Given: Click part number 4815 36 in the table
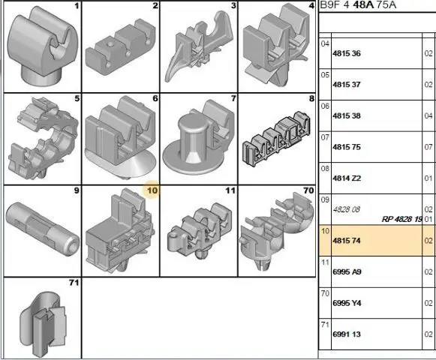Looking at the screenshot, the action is pyautogui.click(x=347, y=53).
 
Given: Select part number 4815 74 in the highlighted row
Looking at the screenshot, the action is pyautogui.click(x=347, y=241).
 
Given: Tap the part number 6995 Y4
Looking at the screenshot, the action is pyautogui.click(x=347, y=303).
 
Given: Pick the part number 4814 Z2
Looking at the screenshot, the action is pyautogui.click(x=347, y=178).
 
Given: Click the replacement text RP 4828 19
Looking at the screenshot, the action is pyautogui.click(x=402, y=219).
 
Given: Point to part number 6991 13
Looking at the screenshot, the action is pyautogui.click(x=347, y=334).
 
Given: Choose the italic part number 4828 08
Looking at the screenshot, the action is pyautogui.click(x=346, y=209).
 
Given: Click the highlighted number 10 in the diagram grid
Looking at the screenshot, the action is pyautogui.click(x=152, y=190).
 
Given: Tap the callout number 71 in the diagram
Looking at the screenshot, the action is pyautogui.click(x=74, y=283).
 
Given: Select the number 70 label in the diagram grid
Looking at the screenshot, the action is pyautogui.click(x=308, y=190).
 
